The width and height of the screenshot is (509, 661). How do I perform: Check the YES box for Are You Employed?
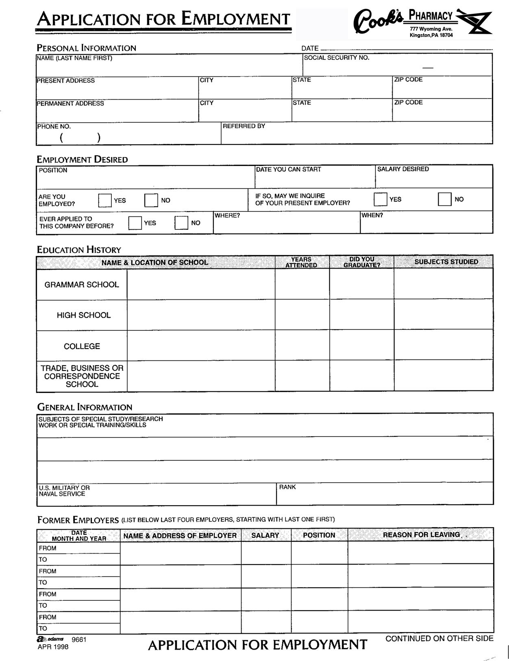pyautogui.click(x=105, y=201)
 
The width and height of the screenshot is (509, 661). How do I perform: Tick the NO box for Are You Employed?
pyautogui.click(x=151, y=201)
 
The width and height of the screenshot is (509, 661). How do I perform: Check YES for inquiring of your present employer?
pyautogui.click(x=381, y=199)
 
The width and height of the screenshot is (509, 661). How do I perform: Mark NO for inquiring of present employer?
pyautogui.click(x=445, y=199)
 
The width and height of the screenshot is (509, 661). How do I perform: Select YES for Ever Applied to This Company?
pyautogui.click(x=135, y=223)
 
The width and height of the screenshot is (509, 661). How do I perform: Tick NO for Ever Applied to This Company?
pyautogui.click(x=181, y=223)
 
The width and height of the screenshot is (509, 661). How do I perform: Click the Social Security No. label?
pyautogui.click(x=337, y=58)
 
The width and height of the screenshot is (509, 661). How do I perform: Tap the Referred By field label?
pyautogui.click(x=244, y=126)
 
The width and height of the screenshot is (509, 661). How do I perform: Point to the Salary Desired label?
pyautogui.click(x=403, y=169)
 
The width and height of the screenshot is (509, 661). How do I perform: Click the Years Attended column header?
pyautogui.click(x=301, y=262)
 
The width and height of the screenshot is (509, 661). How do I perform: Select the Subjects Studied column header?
pyautogui.click(x=446, y=262)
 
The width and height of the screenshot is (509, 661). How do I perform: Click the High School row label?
pyautogui.click(x=84, y=315)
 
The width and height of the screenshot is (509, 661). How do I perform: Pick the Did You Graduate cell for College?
pyautogui.click(x=361, y=345)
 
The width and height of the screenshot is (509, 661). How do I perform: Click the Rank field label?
pyautogui.click(x=287, y=487)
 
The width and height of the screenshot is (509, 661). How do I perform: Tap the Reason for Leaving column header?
pyautogui.click(x=422, y=535)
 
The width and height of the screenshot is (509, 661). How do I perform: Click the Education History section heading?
pyautogui.click(x=79, y=250)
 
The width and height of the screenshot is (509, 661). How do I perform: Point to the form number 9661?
pyautogui.click(x=79, y=639)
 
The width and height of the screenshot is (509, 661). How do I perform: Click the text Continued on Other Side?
pyautogui.click(x=439, y=639)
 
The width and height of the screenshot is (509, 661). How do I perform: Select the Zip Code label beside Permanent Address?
pyautogui.click(x=408, y=103)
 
